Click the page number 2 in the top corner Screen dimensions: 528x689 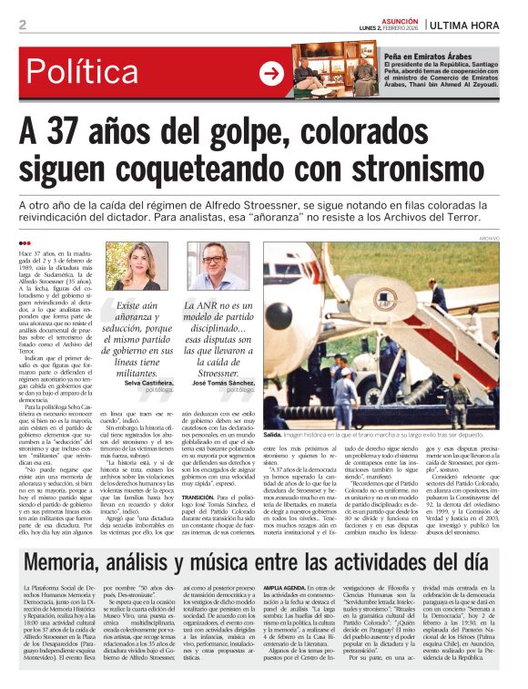[22, 24]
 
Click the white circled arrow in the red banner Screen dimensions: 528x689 [271, 74]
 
